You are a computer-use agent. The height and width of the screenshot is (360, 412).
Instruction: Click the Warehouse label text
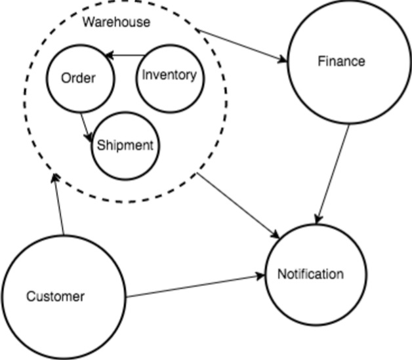116,22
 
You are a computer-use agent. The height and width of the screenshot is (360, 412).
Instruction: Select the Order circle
79,79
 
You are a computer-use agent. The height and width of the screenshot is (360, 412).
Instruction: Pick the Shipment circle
125,146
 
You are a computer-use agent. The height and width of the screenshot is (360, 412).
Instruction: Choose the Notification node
310,274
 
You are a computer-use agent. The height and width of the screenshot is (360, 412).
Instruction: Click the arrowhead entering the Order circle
110,56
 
